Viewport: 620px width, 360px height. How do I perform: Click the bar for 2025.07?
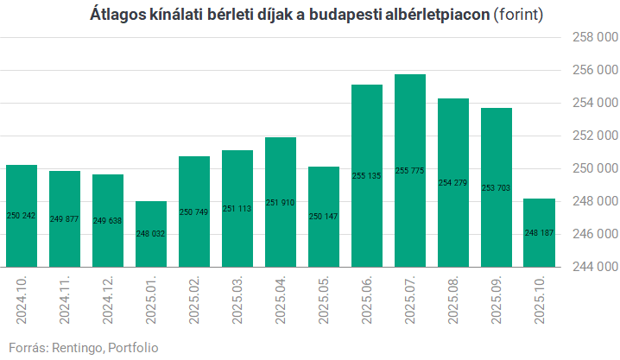[x=410, y=170]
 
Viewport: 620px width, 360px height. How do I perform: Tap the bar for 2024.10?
[x=22, y=215]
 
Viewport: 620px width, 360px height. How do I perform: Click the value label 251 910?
[x=281, y=202]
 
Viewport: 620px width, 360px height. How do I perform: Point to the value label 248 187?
[x=540, y=233]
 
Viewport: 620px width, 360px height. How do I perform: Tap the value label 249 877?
[x=65, y=219]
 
